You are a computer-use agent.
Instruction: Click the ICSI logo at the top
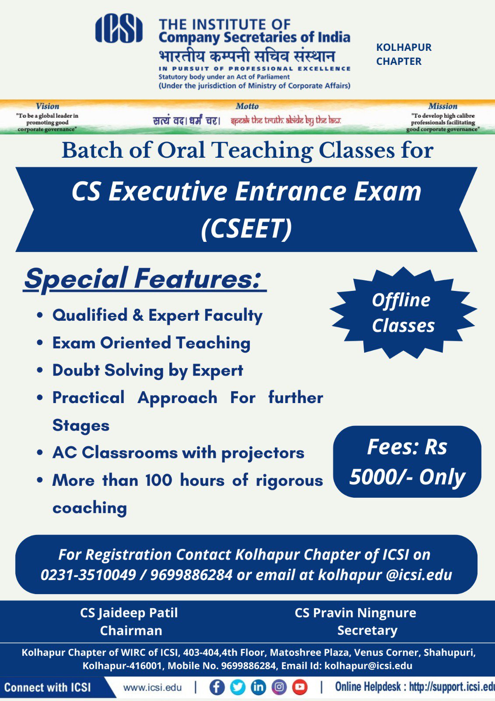pos(119,28)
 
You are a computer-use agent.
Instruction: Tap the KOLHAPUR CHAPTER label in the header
pos(404,54)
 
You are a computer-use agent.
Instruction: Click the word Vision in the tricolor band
pos(48,106)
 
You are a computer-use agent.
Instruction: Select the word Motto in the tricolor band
pos(247,106)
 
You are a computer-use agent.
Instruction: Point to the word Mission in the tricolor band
pos(442,106)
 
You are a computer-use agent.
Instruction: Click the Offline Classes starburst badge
pos(403,313)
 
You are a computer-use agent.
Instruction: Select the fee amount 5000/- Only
pos(407,478)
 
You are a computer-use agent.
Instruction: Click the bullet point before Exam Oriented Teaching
pos(40,343)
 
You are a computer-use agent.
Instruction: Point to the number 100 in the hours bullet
pos(159,480)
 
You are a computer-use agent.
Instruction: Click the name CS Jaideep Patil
pos(129,613)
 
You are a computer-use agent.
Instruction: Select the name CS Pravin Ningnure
pos(355,613)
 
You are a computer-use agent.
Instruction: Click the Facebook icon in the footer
pos(217,687)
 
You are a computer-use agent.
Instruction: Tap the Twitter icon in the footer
pos(238,687)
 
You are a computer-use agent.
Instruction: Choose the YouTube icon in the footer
pos(300,687)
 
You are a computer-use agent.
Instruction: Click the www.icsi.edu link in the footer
pos(152,687)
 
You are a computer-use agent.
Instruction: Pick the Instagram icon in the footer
pos(279,687)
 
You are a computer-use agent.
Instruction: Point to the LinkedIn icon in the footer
pos(258,687)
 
